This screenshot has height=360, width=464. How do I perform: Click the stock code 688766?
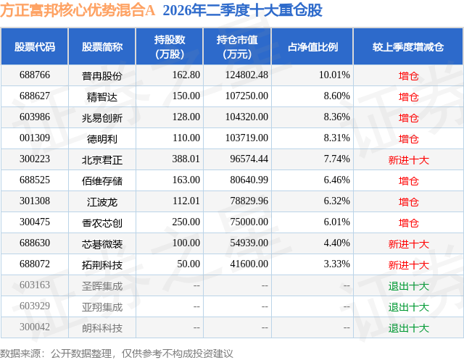[35, 75]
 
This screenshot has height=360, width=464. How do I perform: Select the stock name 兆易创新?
[102, 118]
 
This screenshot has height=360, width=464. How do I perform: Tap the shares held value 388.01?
[186, 159]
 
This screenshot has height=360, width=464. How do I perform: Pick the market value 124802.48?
[246, 75]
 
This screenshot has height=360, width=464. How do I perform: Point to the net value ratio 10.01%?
[334, 75]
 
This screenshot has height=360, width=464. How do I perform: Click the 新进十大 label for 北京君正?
[409, 160]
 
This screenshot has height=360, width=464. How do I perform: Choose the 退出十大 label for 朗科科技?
[409, 328]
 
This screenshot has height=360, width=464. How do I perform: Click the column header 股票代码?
[35, 47]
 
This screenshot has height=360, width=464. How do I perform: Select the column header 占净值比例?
[312, 47]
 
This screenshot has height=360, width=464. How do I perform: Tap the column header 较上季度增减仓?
[408, 47]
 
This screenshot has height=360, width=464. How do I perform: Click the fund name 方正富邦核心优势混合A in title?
[78, 10]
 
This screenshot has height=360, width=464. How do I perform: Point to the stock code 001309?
[35, 138]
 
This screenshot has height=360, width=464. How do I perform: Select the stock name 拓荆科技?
[102, 265]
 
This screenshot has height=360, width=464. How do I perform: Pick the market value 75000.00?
[249, 222]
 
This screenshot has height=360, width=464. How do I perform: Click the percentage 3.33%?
[336, 264]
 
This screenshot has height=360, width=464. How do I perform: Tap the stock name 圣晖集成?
[102, 286]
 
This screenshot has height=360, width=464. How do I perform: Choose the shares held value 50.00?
[188, 264]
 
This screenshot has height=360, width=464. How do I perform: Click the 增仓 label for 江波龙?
[409, 202]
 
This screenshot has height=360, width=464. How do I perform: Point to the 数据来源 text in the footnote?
[20, 353]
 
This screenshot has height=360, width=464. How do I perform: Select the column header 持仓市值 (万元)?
[237, 47]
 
